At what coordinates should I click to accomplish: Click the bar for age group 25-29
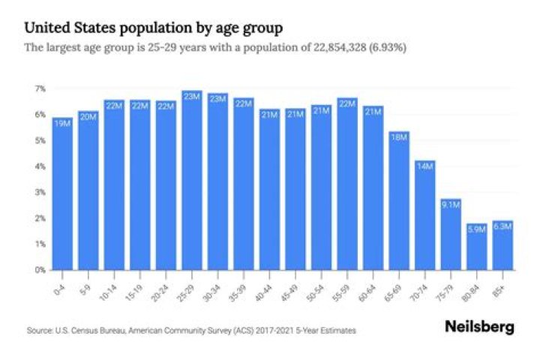(192, 180)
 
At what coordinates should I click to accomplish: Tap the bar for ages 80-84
(477, 247)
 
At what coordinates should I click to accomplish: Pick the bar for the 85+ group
(502, 245)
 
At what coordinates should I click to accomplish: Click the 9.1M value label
(451, 203)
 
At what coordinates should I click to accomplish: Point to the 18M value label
(399, 136)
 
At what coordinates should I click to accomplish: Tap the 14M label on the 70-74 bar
(425, 166)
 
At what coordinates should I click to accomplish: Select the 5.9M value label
(477, 229)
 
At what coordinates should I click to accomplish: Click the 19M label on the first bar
(63, 122)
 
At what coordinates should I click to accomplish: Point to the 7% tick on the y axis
(40, 88)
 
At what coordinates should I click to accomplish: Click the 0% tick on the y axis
(40, 270)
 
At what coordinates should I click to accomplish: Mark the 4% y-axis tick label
(40, 166)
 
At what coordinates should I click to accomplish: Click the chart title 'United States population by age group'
(154, 28)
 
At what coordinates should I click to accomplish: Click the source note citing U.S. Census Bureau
(190, 330)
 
